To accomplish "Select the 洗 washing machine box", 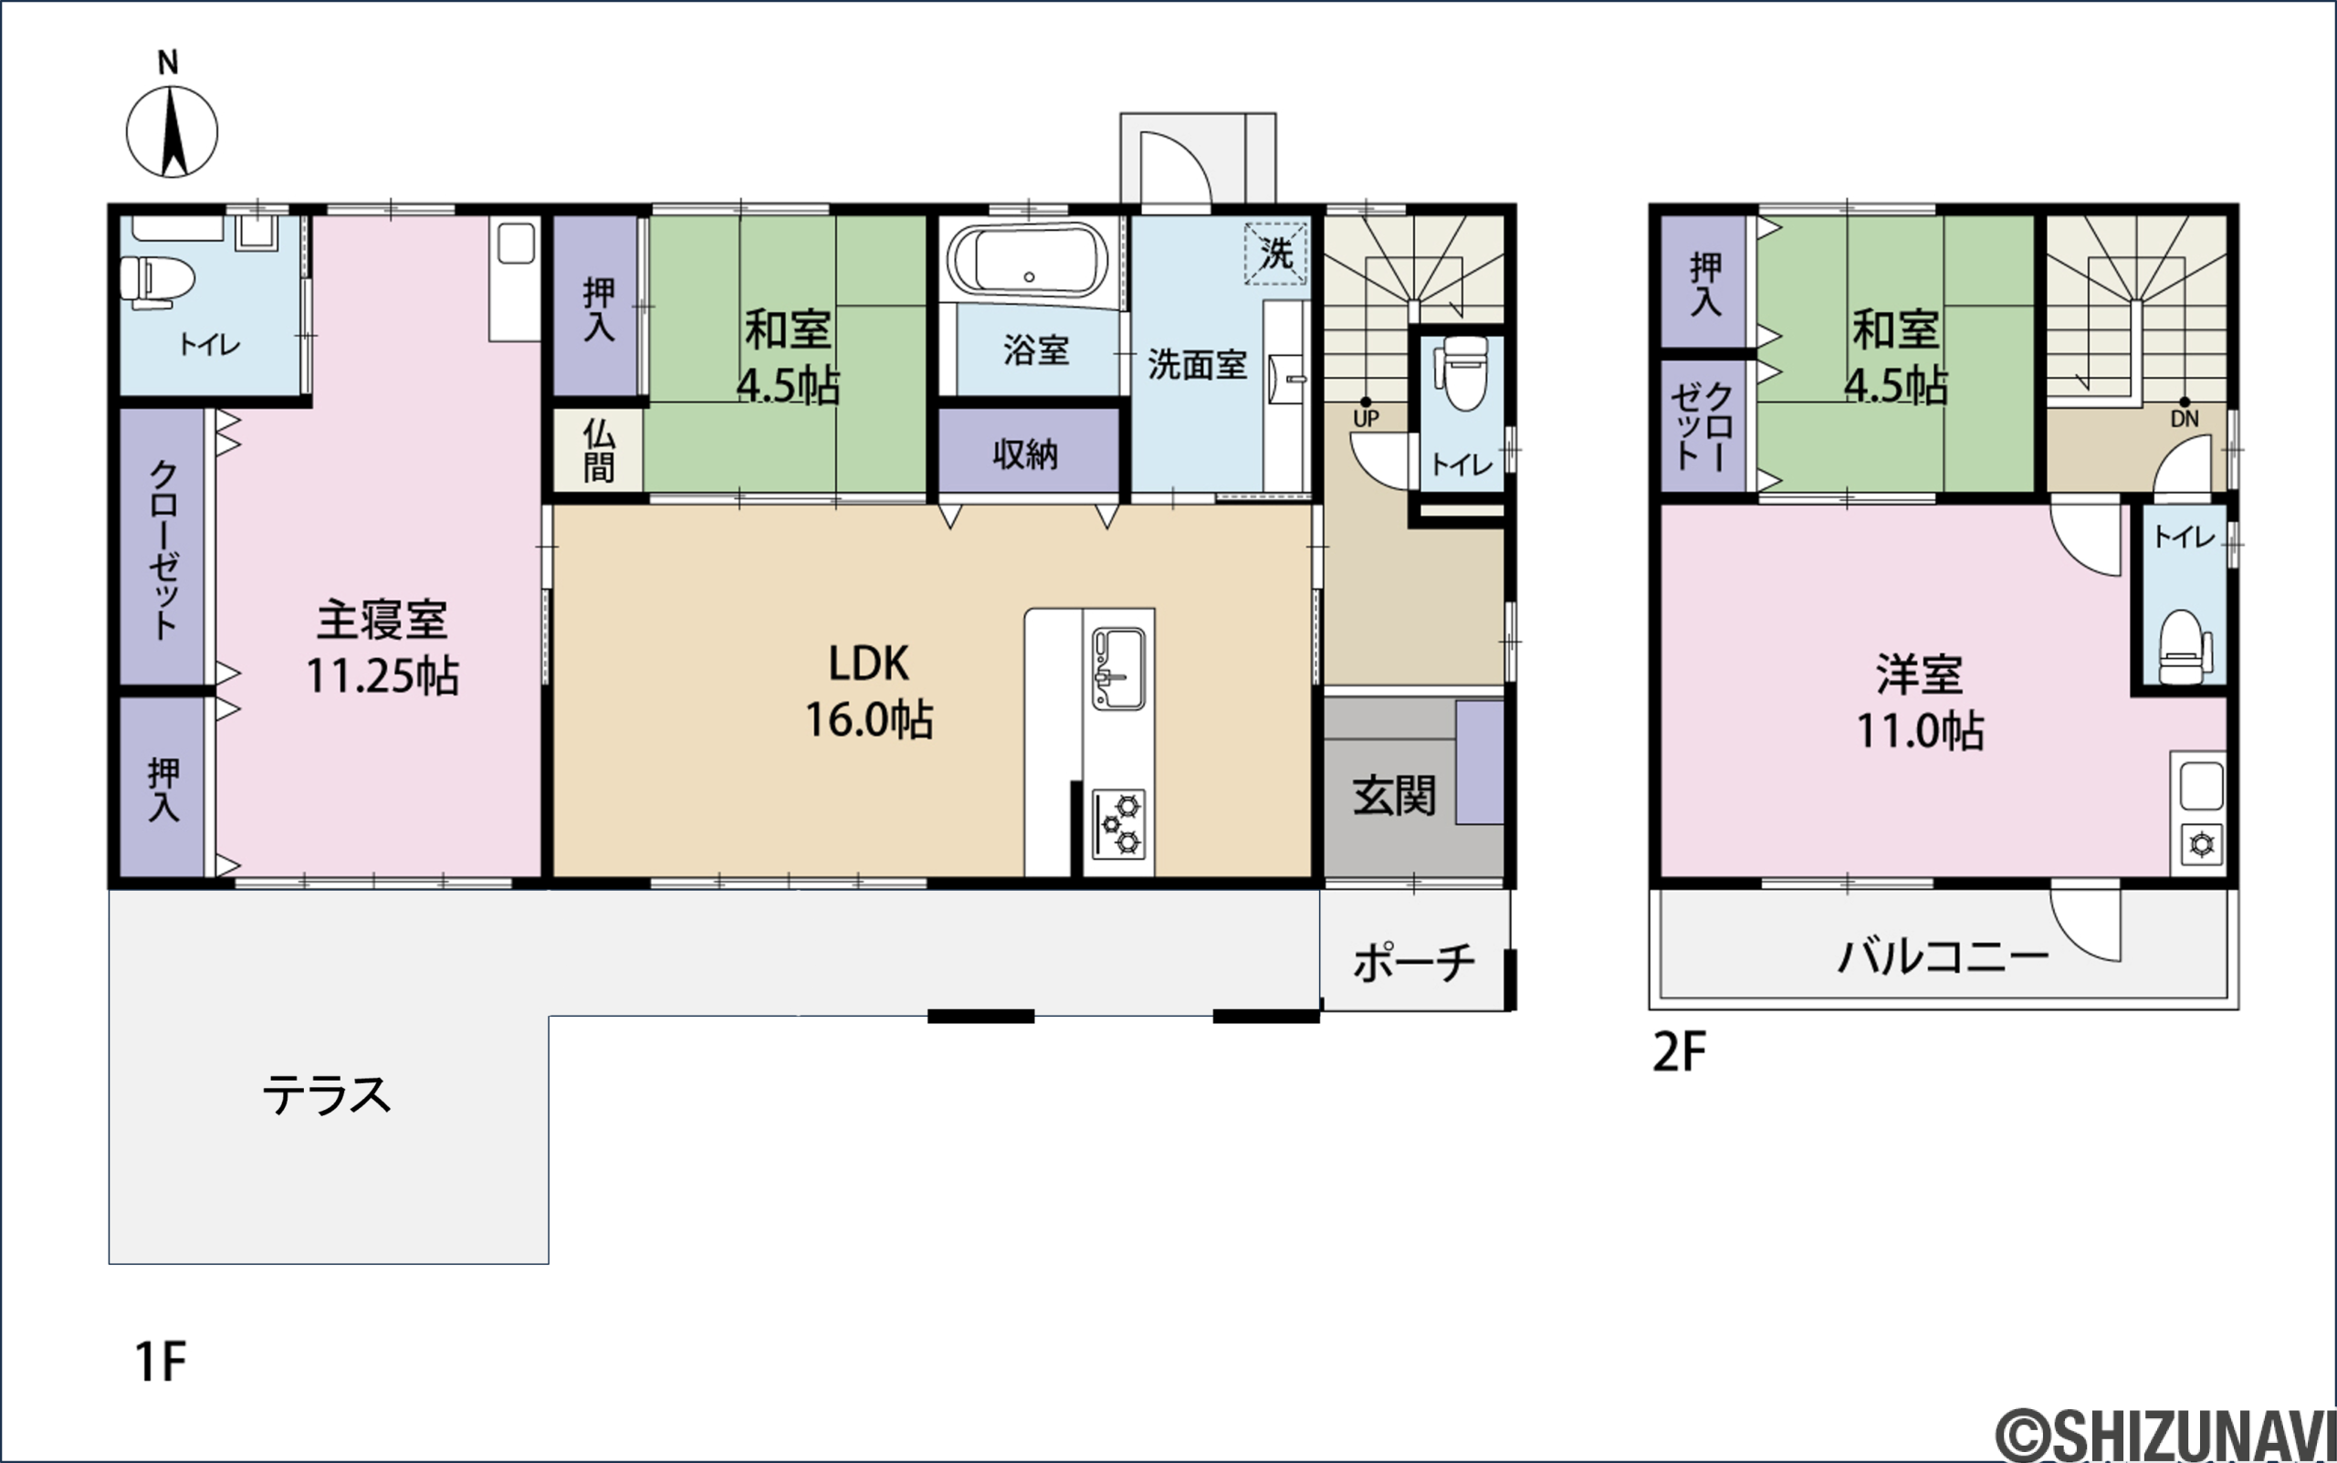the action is tap(1275, 255).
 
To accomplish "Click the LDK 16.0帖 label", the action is tap(869, 691).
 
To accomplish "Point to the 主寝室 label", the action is tap(383, 621).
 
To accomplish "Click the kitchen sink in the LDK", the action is tap(1118, 668).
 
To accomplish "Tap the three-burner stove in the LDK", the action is tap(1118, 824).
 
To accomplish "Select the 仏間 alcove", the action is tap(598, 450).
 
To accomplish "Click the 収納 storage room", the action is tap(1028, 450).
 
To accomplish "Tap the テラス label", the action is tap(327, 1095).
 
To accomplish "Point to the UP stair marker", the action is tap(1366, 413).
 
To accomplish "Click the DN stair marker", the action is tap(2185, 413).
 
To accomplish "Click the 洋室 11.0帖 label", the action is tap(1920, 703).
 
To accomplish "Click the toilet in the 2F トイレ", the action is tap(2185, 647).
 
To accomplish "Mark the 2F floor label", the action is tap(1678, 1052).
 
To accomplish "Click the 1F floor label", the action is tap(160, 1363).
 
